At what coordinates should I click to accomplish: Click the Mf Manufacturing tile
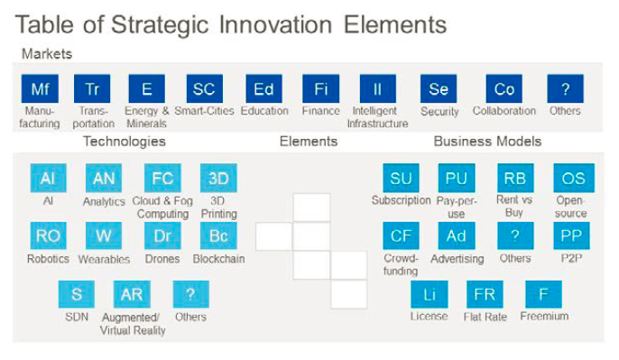coord(40,88)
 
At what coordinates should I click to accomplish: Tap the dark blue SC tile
coord(205,88)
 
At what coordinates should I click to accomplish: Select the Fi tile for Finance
coord(320,88)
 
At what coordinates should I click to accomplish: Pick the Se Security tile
coord(439,88)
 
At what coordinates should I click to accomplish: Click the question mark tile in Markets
coord(565,88)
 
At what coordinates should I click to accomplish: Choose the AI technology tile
coord(48,178)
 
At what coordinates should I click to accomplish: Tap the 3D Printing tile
coord(218,178)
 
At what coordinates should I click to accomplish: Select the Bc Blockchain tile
coord(218,235)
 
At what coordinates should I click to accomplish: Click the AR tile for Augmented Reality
coord(132,294)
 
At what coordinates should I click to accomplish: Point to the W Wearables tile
coord(104,235)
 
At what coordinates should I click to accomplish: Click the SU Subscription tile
coord(401,178)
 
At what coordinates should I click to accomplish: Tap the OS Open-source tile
coord(574,178)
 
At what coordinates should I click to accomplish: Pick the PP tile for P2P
coord(572,235)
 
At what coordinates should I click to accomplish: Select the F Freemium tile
coord(543,294)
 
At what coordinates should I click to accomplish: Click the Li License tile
coord(430,294)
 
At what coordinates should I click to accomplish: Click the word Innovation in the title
coord(275,24)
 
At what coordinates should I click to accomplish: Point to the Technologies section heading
coord(125,142)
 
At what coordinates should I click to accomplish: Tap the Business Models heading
coord(487,142)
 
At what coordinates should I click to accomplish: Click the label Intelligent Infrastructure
coord(377,117)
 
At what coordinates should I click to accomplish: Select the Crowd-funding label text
coord(401,264)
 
